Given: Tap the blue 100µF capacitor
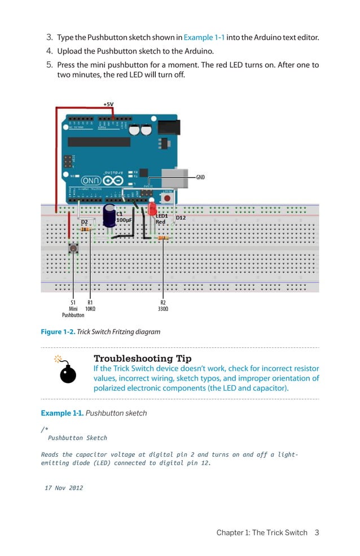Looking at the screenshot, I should pyautogui.click(x=109, y=216).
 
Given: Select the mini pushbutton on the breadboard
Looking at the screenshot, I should pyautogui.click(x=73, y=248).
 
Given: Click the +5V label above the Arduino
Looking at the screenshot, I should pyautogui.click(x=108, y=104).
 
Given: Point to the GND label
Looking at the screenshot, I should pyautogui.click(x=200, y=177).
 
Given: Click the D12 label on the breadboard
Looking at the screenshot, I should pyautogui.click(x=181, y=218).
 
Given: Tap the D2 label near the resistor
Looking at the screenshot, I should pyautogui.click(x=84, y=222).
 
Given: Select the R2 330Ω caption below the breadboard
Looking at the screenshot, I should pyautogui.click(x=163, y=306).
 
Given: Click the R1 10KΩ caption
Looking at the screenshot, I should pyautogui.click(x=90, y=306).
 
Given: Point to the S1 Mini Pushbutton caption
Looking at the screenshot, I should pyautogui.click(x=73, y=308).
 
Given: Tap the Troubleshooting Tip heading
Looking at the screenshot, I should pyautogui.click(x=142, y=359).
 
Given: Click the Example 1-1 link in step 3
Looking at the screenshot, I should pyautogui.click(x=204, y=38).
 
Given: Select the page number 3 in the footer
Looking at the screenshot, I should pyautogui.click(x=317, y=532).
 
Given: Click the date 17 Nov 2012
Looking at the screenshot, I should pyautogui.click(x=64, y=488).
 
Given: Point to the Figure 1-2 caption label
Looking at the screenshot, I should pyautogui.click(x=58, y=332).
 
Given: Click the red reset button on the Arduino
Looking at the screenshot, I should pyautogui.click(x=166, y=198).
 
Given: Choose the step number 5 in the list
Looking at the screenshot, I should pyautogui.click(x=49, y=65).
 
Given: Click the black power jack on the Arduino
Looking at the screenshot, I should pyautogui.click(x=169, y=127).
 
